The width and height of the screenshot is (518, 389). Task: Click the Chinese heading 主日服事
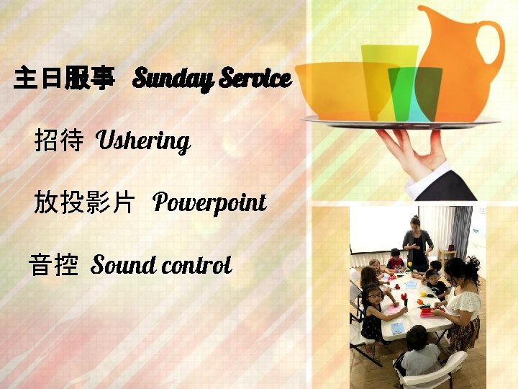point(63,79)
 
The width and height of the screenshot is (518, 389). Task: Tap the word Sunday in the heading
point(171,78)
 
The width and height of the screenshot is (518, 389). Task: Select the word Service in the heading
point(255,77)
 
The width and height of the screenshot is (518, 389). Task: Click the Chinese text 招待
point(58,140)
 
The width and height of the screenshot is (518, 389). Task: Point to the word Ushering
point(142,140)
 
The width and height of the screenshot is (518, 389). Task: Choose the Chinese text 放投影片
point(83,203)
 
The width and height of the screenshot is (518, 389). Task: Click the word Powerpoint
point(209,203)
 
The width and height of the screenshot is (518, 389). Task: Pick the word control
point(196,265)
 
